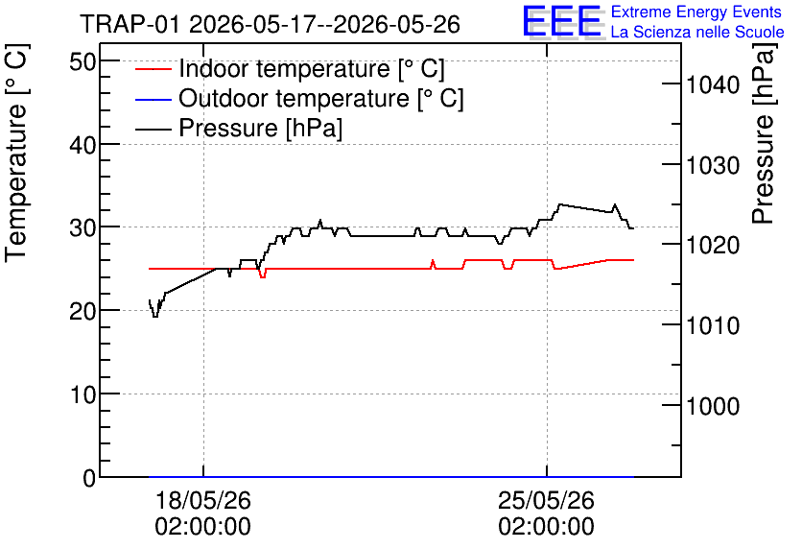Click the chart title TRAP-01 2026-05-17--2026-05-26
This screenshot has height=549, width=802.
[271, 24]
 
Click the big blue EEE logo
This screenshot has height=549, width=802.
[561, 21]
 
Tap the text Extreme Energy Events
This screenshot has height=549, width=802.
[696, 12]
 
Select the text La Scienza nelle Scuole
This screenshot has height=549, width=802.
[697, 32]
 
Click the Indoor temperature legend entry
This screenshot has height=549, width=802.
[290, 68]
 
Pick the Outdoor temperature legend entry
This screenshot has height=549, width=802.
[299, 98]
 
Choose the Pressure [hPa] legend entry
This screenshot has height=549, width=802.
[239, 128]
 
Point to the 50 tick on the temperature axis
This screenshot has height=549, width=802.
[83, 62]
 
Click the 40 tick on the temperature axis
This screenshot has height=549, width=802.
[83, 145]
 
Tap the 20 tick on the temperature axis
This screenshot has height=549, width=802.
[83, 311]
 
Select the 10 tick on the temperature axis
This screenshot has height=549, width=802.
[83, 394]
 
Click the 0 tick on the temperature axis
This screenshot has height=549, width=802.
[89, 478]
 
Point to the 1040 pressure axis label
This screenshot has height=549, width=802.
[713, 84]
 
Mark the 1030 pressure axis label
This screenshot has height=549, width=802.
[713, 166]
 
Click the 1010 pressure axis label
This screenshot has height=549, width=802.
[713, 326]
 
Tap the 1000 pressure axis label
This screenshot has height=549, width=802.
[713, 406]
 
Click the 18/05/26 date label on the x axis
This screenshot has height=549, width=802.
[203, 500]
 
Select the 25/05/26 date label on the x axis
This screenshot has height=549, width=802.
[546, 500]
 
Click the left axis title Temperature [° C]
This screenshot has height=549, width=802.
[17, 153]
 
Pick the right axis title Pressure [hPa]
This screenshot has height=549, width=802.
[765, 133]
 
